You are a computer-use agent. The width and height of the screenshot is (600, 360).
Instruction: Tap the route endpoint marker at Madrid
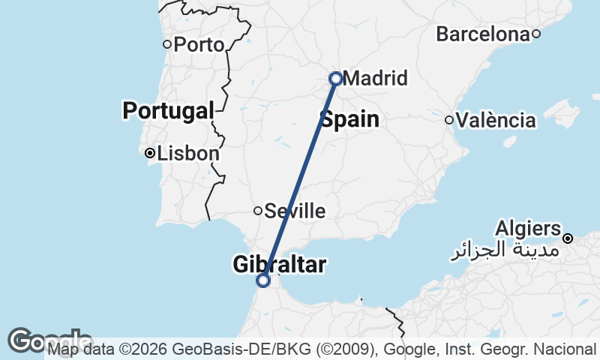[x=336, y=78]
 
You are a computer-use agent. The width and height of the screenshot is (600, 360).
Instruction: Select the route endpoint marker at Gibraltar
[x=263, y=280]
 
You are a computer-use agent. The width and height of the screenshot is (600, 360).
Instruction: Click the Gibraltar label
[x=280, y=264]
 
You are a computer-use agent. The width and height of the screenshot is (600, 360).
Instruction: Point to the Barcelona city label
[x=482, y=34]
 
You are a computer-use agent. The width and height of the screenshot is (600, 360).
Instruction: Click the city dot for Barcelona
[x=536, y=34]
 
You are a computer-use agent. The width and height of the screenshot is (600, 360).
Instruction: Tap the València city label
[x=496, y=120]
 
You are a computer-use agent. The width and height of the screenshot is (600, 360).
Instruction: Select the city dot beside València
[x=449, y=120]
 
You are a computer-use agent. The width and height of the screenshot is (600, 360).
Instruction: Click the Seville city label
[x=295, y=211]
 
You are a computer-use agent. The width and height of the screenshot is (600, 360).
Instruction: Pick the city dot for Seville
[x=258, y=211]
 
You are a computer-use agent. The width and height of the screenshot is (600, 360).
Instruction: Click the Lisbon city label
[x=188, y=154]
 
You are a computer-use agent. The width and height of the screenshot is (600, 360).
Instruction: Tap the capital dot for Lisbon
[x=150, y=153]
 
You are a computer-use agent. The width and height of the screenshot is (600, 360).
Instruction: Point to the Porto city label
[x=199, y=45]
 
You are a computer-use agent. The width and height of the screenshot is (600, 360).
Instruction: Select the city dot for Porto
[x=167, y=43]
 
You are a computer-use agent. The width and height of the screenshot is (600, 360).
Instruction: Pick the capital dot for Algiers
[x=568, y=238]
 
